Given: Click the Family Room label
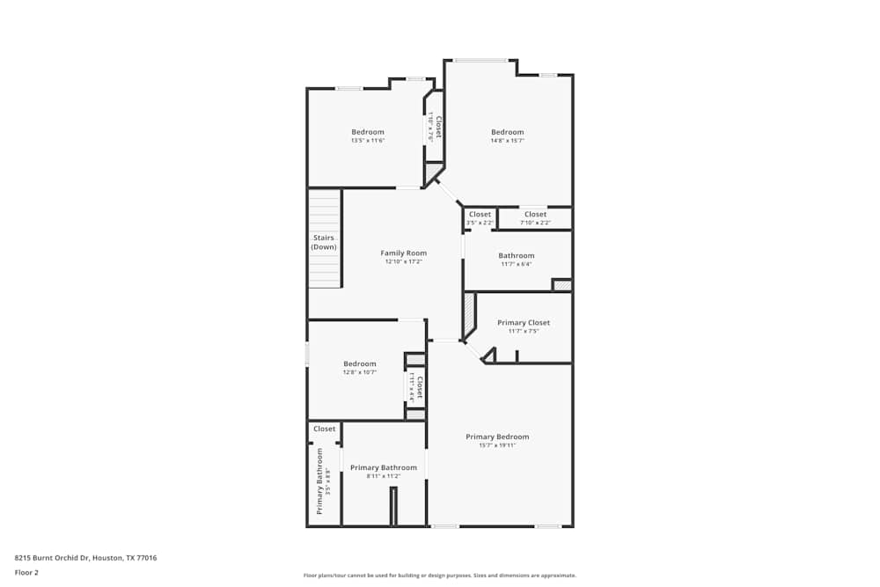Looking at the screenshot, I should tap(404, 253).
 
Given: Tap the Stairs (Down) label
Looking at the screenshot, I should tap(324, 242).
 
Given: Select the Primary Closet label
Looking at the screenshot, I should tap(524, 323).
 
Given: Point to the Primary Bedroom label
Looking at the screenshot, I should tap(497, 437).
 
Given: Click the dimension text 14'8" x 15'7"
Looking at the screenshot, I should tap(508, 141).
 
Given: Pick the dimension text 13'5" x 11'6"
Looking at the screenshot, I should tap(368, 141).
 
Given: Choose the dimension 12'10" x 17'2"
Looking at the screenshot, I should tap(404, 261).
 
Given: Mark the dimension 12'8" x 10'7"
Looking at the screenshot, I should tap(360, 372).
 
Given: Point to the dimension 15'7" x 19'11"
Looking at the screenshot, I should tap(497, 445).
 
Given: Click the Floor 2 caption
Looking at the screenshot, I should tap(26, 572).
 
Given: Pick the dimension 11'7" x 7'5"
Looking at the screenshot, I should tap(524, 331).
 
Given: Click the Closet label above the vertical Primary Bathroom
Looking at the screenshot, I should tap(325, 429).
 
